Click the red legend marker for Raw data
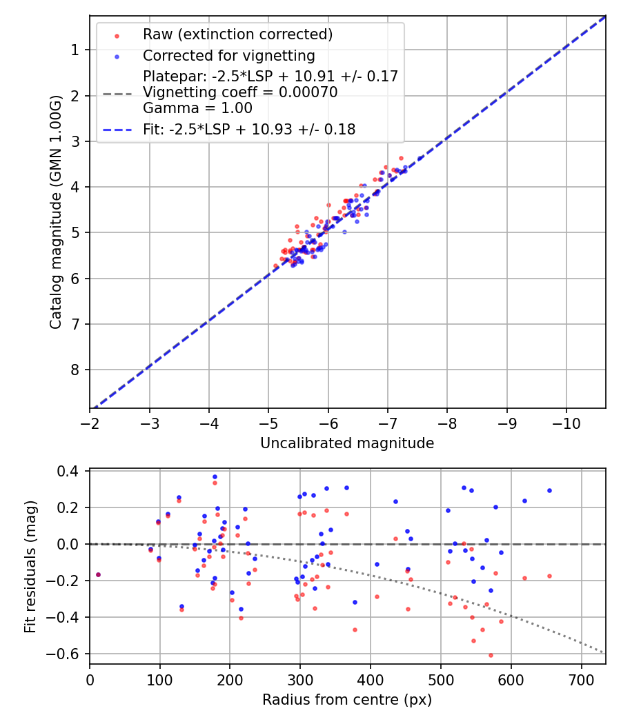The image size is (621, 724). click(x=115, y=34)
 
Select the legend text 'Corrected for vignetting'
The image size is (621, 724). click(x=228, y=56)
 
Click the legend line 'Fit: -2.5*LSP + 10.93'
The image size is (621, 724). click(x=115, y=129)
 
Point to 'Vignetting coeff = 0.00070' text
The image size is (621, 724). click(x=240, y=92)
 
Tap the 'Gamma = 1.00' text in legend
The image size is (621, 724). click(x=197, y=108)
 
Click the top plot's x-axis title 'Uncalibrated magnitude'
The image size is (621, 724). click(x=347, y=443)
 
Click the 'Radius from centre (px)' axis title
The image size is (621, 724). click(x=347, y=700)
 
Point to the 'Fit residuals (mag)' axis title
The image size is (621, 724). click(x=30, y=567)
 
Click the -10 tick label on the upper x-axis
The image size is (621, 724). click(x=566, y=421)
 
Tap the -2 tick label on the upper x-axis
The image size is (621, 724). click(x=90, y=421)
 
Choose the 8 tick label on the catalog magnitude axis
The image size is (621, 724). click(x=75, y=370)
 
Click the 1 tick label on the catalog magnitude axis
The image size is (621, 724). click(x=75, y=50)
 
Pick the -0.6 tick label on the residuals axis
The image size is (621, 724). click(x=68, y=654)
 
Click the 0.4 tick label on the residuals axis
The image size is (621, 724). click(x=72, y=472)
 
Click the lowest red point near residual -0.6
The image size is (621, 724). click(x=491, y=655)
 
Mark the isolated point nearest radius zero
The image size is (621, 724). click(x=98, y=574)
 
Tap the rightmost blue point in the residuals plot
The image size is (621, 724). click(x=549, y=490)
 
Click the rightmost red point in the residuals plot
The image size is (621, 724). click(x=549, y=576)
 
